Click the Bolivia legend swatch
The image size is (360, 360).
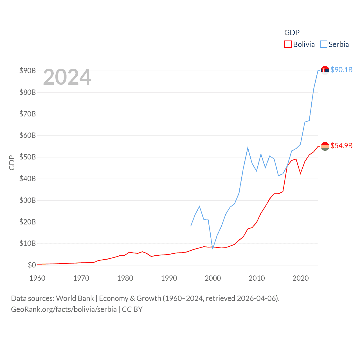[288, 44]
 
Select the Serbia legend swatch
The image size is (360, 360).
[324, 44]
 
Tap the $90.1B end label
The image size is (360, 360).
[341, 70]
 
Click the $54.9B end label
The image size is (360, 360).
[341, 146]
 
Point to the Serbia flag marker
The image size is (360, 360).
[325, 70]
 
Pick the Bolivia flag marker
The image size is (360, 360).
[325, 146]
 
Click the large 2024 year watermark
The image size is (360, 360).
[67, 77]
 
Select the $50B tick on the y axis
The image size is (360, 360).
[28, 157]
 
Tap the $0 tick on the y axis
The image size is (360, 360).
[32, 265]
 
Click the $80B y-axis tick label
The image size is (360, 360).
[28, 92]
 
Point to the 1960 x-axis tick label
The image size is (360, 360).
[37, 278]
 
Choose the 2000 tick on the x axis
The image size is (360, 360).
[213, 278]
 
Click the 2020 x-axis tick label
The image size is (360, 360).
[300, 278]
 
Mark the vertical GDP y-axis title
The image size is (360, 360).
[12, 163]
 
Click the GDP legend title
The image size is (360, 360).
[292, 33]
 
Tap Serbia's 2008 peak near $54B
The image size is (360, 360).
[248, 148]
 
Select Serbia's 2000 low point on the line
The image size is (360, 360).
[213, 249]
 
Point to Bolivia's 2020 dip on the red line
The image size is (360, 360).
[300, 174]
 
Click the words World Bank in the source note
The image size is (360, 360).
[75, 298]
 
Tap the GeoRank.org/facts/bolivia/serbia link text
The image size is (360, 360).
[64, 309]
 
